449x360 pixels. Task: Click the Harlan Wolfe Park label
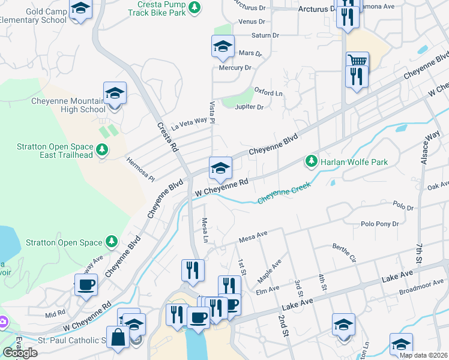[354, 162]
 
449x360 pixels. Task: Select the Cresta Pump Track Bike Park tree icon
[194, 7]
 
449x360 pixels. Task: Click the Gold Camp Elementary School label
[33, 16]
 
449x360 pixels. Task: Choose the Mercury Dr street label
[235, 68]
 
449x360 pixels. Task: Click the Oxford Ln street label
[268, 92]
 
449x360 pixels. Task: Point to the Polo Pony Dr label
[379, 224]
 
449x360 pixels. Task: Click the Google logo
[19, 352]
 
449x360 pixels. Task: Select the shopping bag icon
[118, 338]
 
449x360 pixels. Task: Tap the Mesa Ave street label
[253, 239]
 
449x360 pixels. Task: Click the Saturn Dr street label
[265, 35]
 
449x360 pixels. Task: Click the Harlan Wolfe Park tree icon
[311, 161]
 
